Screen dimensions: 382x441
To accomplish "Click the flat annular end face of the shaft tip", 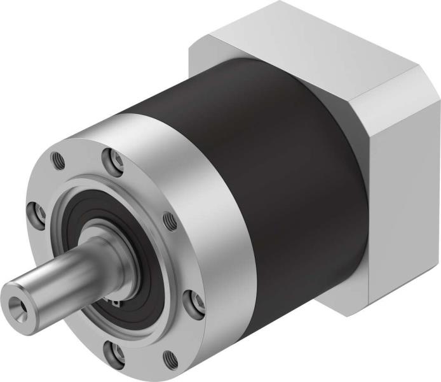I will (x=13, y=299).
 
